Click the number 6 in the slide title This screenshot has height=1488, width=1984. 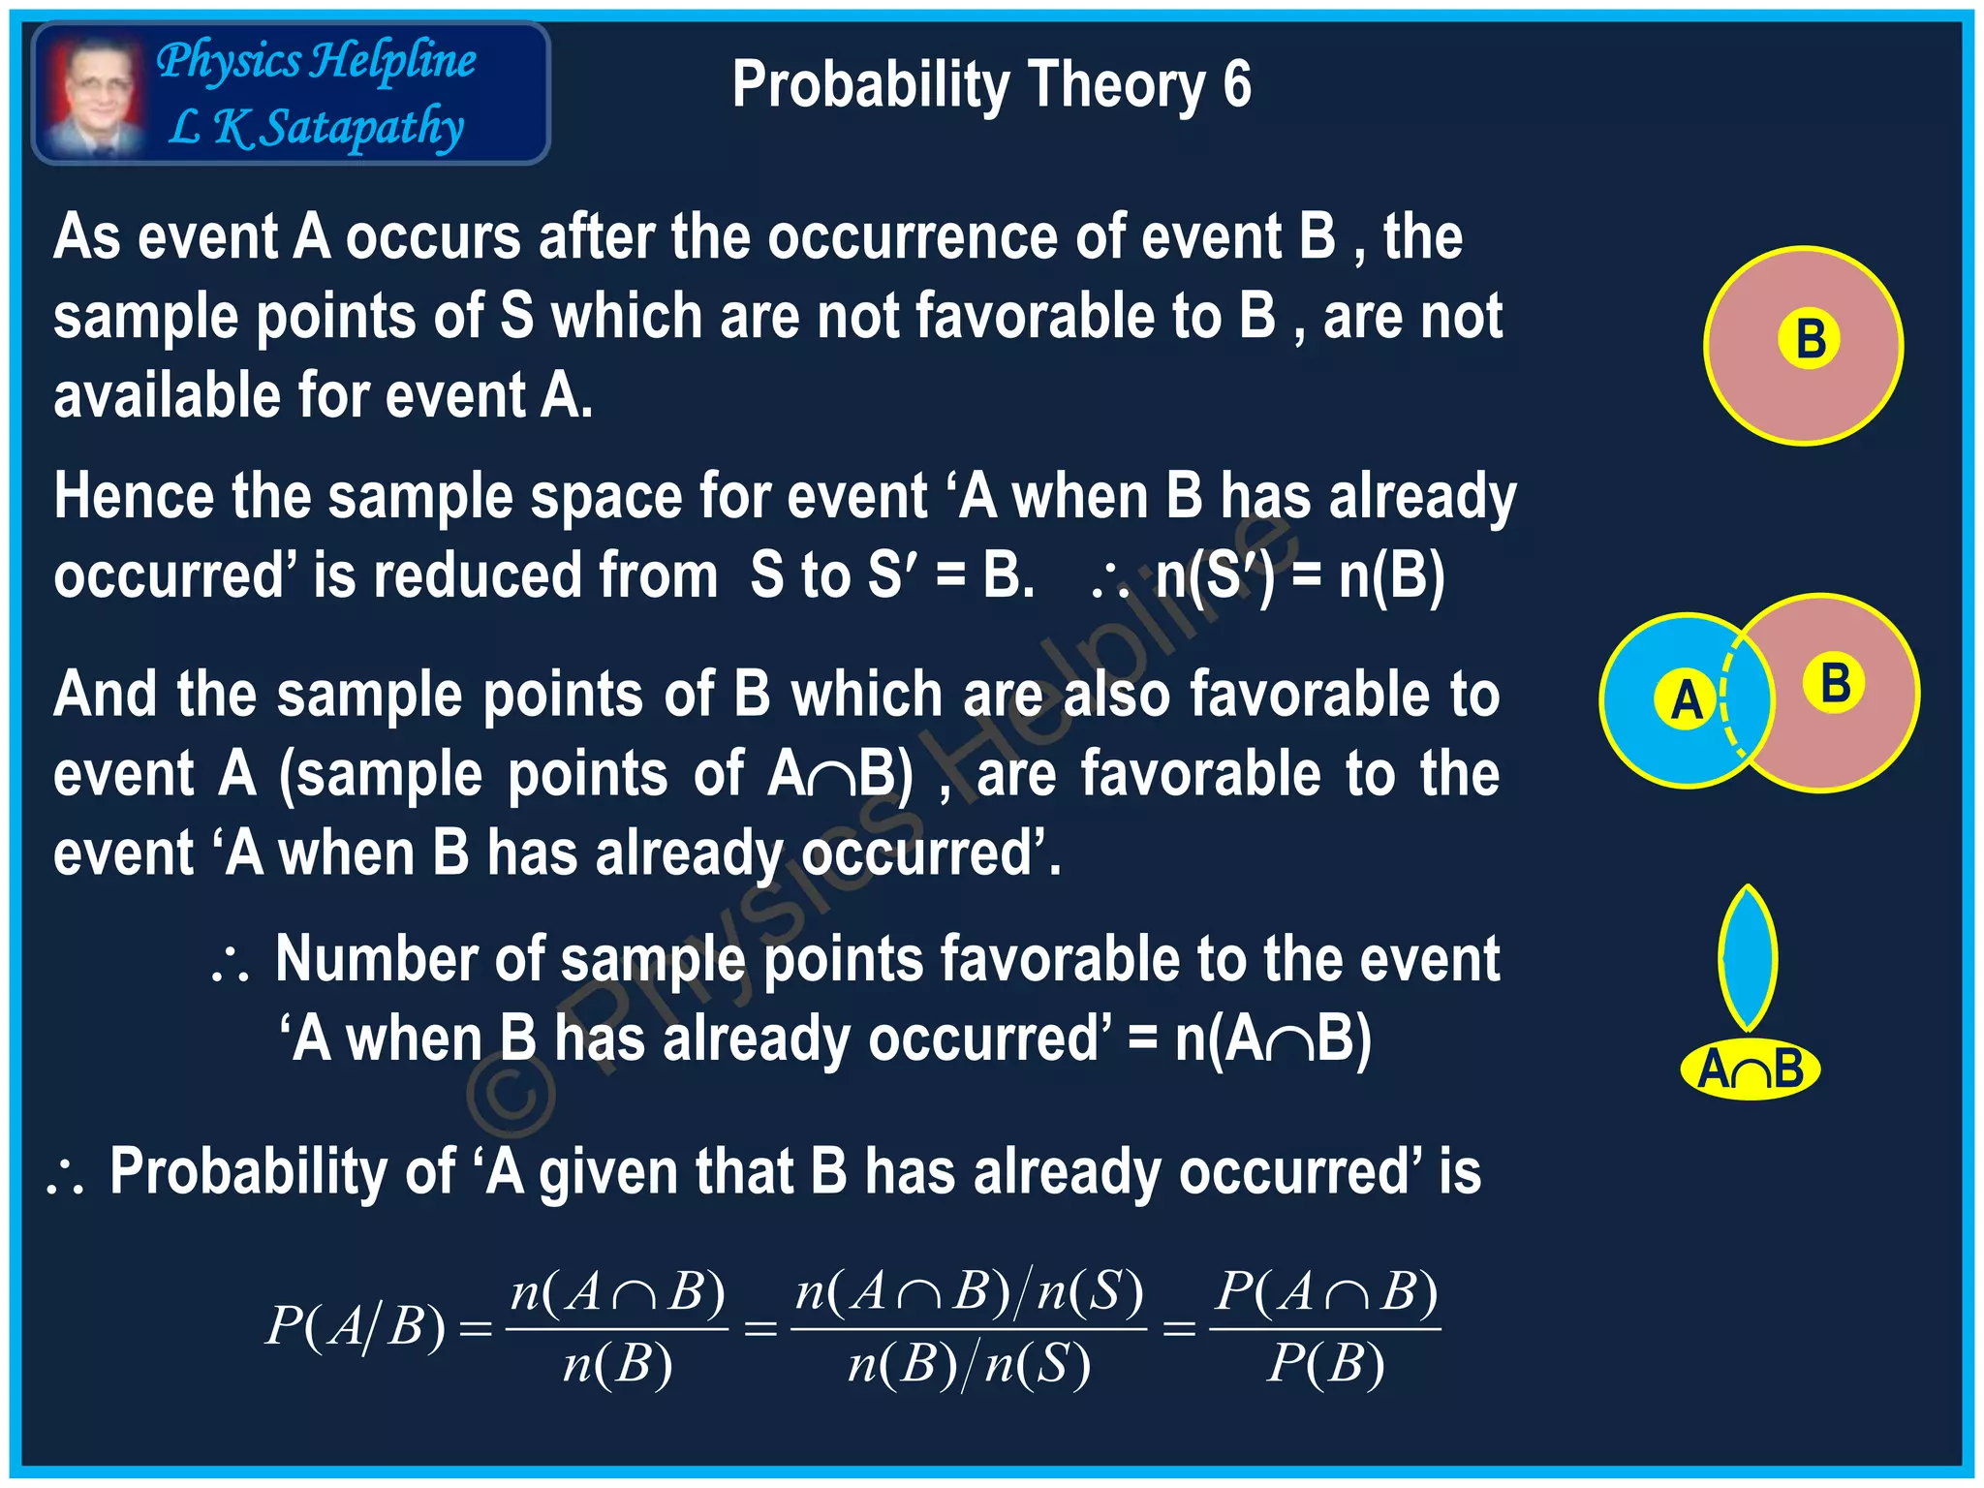[x=1236, y=84]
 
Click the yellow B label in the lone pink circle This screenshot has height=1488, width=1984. [x=1809, y=340]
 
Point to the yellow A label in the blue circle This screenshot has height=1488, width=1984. [x=1686, y=699]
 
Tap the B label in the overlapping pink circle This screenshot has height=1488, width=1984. [x=1835, y=683]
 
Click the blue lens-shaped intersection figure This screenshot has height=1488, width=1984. [x=1747, y=959]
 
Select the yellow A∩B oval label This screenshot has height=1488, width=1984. [x=1750, y=1069]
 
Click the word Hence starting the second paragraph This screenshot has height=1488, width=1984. [x=134, y=496]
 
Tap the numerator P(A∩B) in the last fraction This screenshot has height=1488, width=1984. [x=1326, y=1292]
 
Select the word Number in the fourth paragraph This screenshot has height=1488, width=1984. [x=376, y=959]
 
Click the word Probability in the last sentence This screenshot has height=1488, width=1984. [x=282, y=1171]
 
